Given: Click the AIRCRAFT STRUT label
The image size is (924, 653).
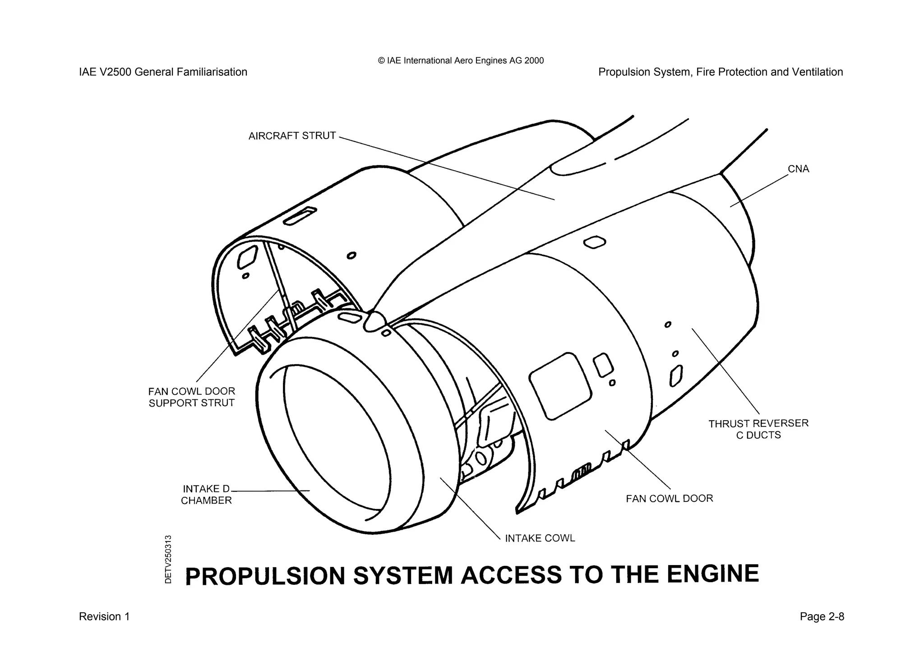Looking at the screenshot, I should pos(292,136).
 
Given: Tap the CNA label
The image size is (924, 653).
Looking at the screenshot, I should pos(798,169).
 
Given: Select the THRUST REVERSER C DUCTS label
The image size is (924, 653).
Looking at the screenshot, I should pos(758,429).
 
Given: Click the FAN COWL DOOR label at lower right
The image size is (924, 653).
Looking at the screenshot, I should pos(669,499).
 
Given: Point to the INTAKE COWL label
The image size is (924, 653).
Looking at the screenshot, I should pos(540,538).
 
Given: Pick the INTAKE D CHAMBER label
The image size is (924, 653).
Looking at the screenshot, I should pos(206,495).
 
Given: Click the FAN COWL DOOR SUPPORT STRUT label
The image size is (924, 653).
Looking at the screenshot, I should pos(192,397).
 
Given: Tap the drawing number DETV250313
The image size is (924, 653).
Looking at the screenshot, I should pos(168,559).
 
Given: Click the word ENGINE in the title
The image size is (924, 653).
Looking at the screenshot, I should pos(712,574).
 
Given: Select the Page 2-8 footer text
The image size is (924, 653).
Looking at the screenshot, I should pos(822,616).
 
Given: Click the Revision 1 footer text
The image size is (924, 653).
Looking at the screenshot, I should pos(104,616).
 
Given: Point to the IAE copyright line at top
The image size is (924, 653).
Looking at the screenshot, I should pos(461,60).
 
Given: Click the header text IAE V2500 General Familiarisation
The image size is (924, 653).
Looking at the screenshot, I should pos(163,72).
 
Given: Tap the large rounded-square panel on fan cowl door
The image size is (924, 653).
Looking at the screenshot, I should pos(560,386).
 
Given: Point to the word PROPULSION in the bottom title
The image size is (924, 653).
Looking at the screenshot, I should pos(265,576).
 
